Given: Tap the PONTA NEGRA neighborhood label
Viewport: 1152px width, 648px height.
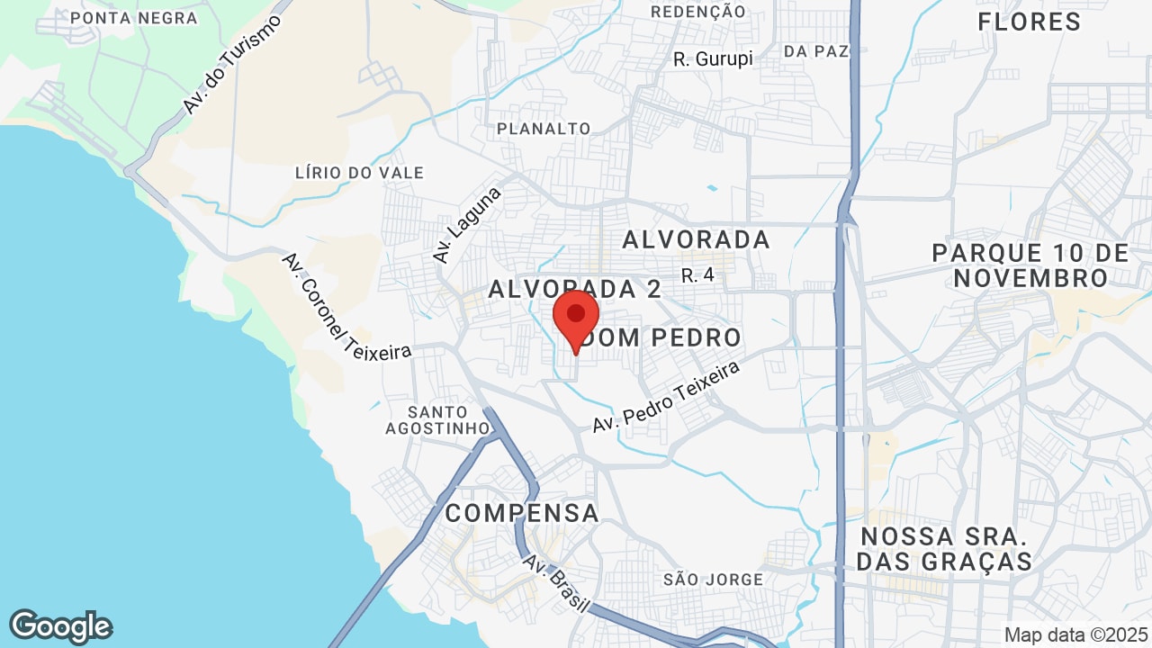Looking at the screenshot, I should click(133, 18).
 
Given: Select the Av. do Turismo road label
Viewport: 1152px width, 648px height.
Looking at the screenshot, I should click(231, 64).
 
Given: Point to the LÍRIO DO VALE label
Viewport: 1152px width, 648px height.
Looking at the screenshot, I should click(359, 173).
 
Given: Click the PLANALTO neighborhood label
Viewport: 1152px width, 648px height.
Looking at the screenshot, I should click(544, 129).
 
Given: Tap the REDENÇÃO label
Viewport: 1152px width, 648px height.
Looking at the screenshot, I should click(697, 12).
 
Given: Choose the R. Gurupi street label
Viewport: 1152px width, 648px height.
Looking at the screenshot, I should click(713, 59).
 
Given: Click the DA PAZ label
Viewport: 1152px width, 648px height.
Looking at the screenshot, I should click(816, 51).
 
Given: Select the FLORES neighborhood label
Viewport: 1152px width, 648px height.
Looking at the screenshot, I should click(1029, 22).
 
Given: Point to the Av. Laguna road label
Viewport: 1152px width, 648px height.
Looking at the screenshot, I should click(467, 225).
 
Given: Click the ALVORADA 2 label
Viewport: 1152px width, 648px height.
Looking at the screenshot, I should click(575, 289).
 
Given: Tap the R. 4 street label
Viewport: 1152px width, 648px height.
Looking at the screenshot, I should click(697, 275).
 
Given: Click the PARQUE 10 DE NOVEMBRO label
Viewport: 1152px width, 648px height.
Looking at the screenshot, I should click(1030, 265).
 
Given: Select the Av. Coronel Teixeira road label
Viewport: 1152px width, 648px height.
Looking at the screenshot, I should click(346, 306).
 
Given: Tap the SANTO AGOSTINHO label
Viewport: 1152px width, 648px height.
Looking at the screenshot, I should click(436, 420).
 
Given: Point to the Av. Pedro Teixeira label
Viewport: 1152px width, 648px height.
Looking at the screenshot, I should click(666, 397).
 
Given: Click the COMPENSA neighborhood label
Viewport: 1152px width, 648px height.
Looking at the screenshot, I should click(522, 513).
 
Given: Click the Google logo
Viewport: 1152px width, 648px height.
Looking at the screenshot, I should click(60, 626).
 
